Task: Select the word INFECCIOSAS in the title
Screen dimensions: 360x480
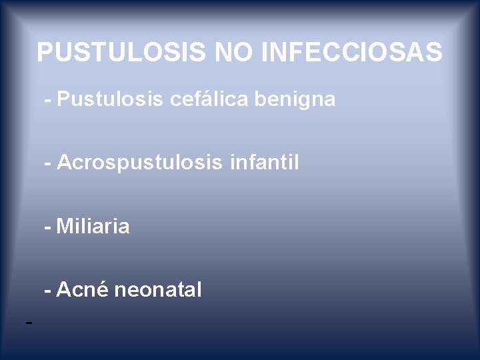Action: tap(353, 52)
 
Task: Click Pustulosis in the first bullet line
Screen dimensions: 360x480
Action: tap(111, 100)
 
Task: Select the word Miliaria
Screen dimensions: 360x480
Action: tap(93, 227)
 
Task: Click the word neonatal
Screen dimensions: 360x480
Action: tap(158, 290)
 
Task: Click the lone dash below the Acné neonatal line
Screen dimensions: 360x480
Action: tap(28, 323)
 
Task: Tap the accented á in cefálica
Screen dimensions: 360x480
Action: tap(213, 100)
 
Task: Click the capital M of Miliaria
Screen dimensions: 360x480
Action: tap(65, 227)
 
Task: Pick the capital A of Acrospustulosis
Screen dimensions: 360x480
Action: tap(64, 162)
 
